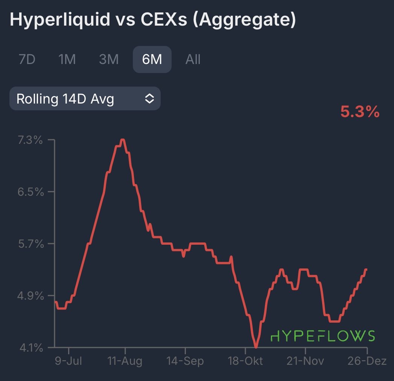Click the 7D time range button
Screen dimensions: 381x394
27,59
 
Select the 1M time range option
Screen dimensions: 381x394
67,59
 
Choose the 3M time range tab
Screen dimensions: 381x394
109,59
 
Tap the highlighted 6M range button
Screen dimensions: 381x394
152,59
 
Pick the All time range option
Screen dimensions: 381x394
193,59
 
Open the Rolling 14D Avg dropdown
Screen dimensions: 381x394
85,99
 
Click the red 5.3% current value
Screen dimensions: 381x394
360,112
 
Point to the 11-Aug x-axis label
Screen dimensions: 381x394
125,362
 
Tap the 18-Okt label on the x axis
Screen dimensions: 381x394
245,362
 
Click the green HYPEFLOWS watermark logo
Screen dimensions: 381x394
323,336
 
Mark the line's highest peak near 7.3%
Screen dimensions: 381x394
122,140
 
